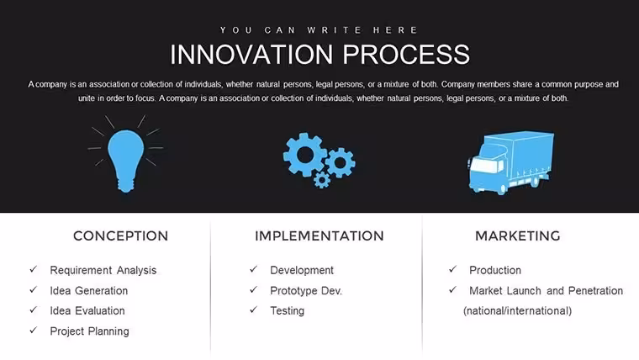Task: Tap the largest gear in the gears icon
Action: (x=305, y=155)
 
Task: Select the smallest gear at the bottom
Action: (x=322, y=179)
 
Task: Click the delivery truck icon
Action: (x=510, y=162)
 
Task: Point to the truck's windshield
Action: (x=483, y=166)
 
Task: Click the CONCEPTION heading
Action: (x=120, y=236)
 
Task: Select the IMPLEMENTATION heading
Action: (x=319, y=236)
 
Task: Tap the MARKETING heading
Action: (x=518, y=236)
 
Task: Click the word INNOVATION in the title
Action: (x=251, y=54)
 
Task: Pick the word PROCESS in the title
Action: (x=406, y=54)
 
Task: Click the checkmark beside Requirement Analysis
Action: (x=34, y=269)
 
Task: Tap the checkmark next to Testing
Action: (x=253, y=310)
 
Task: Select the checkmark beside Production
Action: (x=452, y=269)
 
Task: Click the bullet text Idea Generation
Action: (x=89, y=291)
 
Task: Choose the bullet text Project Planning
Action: (x=89, y=331)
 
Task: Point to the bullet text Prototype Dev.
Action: (x=306, y=291)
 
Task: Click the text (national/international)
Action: (x=518, y=311)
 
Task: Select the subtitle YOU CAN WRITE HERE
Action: (x=319, y=30)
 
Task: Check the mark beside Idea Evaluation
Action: (x=34, y=310)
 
